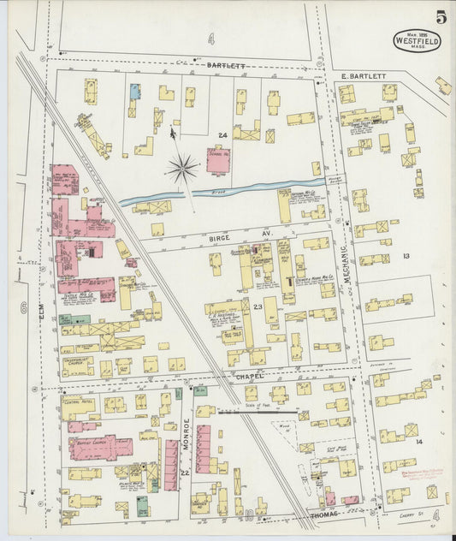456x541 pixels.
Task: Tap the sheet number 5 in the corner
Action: (x=439, y=17)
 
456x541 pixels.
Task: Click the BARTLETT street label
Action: (x=226, y=64)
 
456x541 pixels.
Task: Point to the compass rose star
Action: (x=181, y=169)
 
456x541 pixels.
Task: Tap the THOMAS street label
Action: (x=325, y=512)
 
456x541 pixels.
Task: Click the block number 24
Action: (x=222, y=135)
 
